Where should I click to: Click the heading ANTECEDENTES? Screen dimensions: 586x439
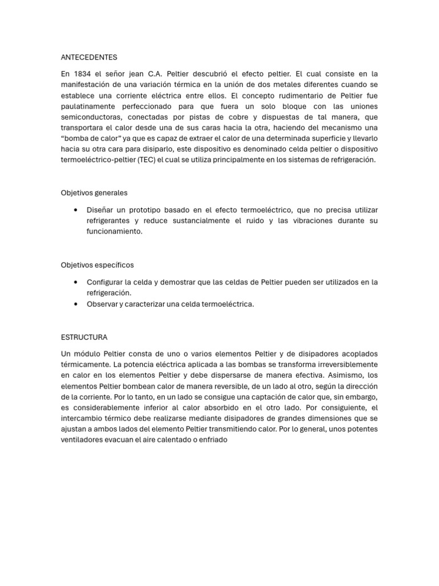(x=89, y=57)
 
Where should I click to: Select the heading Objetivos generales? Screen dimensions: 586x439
(x=94, y=193)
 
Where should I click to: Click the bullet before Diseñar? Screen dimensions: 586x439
(x=75, y=210)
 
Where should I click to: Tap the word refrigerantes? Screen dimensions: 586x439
(x=112, y=221)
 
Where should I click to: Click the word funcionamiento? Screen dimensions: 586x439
(x=114, y=232)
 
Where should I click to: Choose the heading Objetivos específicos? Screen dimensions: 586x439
(x=97, y=265)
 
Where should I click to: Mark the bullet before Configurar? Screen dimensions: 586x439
(x=75, y=282)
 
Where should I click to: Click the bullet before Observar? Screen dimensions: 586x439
(x=75, y=304)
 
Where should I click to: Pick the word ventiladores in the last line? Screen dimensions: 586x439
(x=83, y=440)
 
